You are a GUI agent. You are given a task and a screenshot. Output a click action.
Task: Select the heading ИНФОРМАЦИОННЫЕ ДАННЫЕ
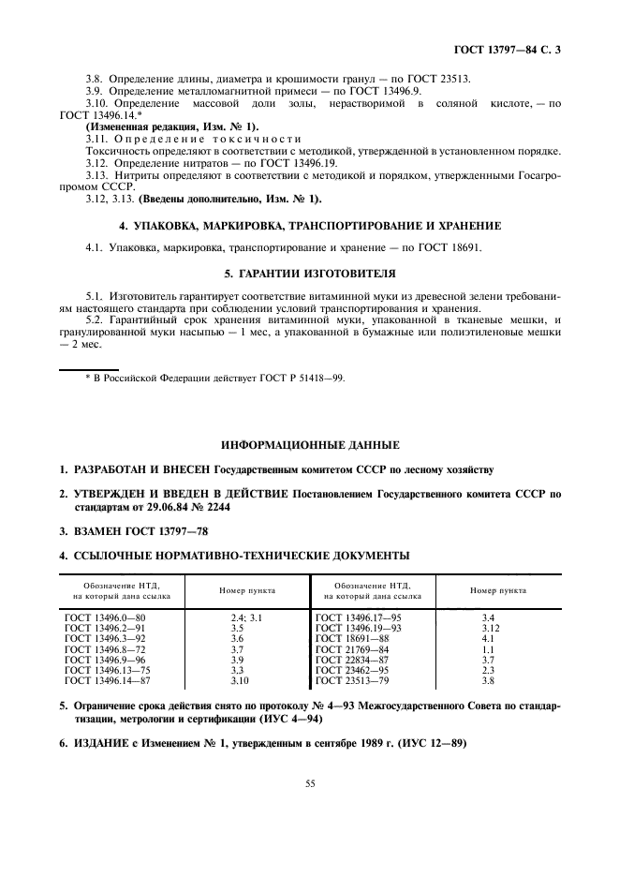(x=309, y=443)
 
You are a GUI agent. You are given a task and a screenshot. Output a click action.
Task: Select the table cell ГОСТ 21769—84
(x=352, y=649)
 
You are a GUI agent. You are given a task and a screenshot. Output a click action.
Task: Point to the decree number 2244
(x=214, y=506)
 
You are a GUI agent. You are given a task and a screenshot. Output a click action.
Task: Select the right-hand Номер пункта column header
(x=497, y=590)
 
